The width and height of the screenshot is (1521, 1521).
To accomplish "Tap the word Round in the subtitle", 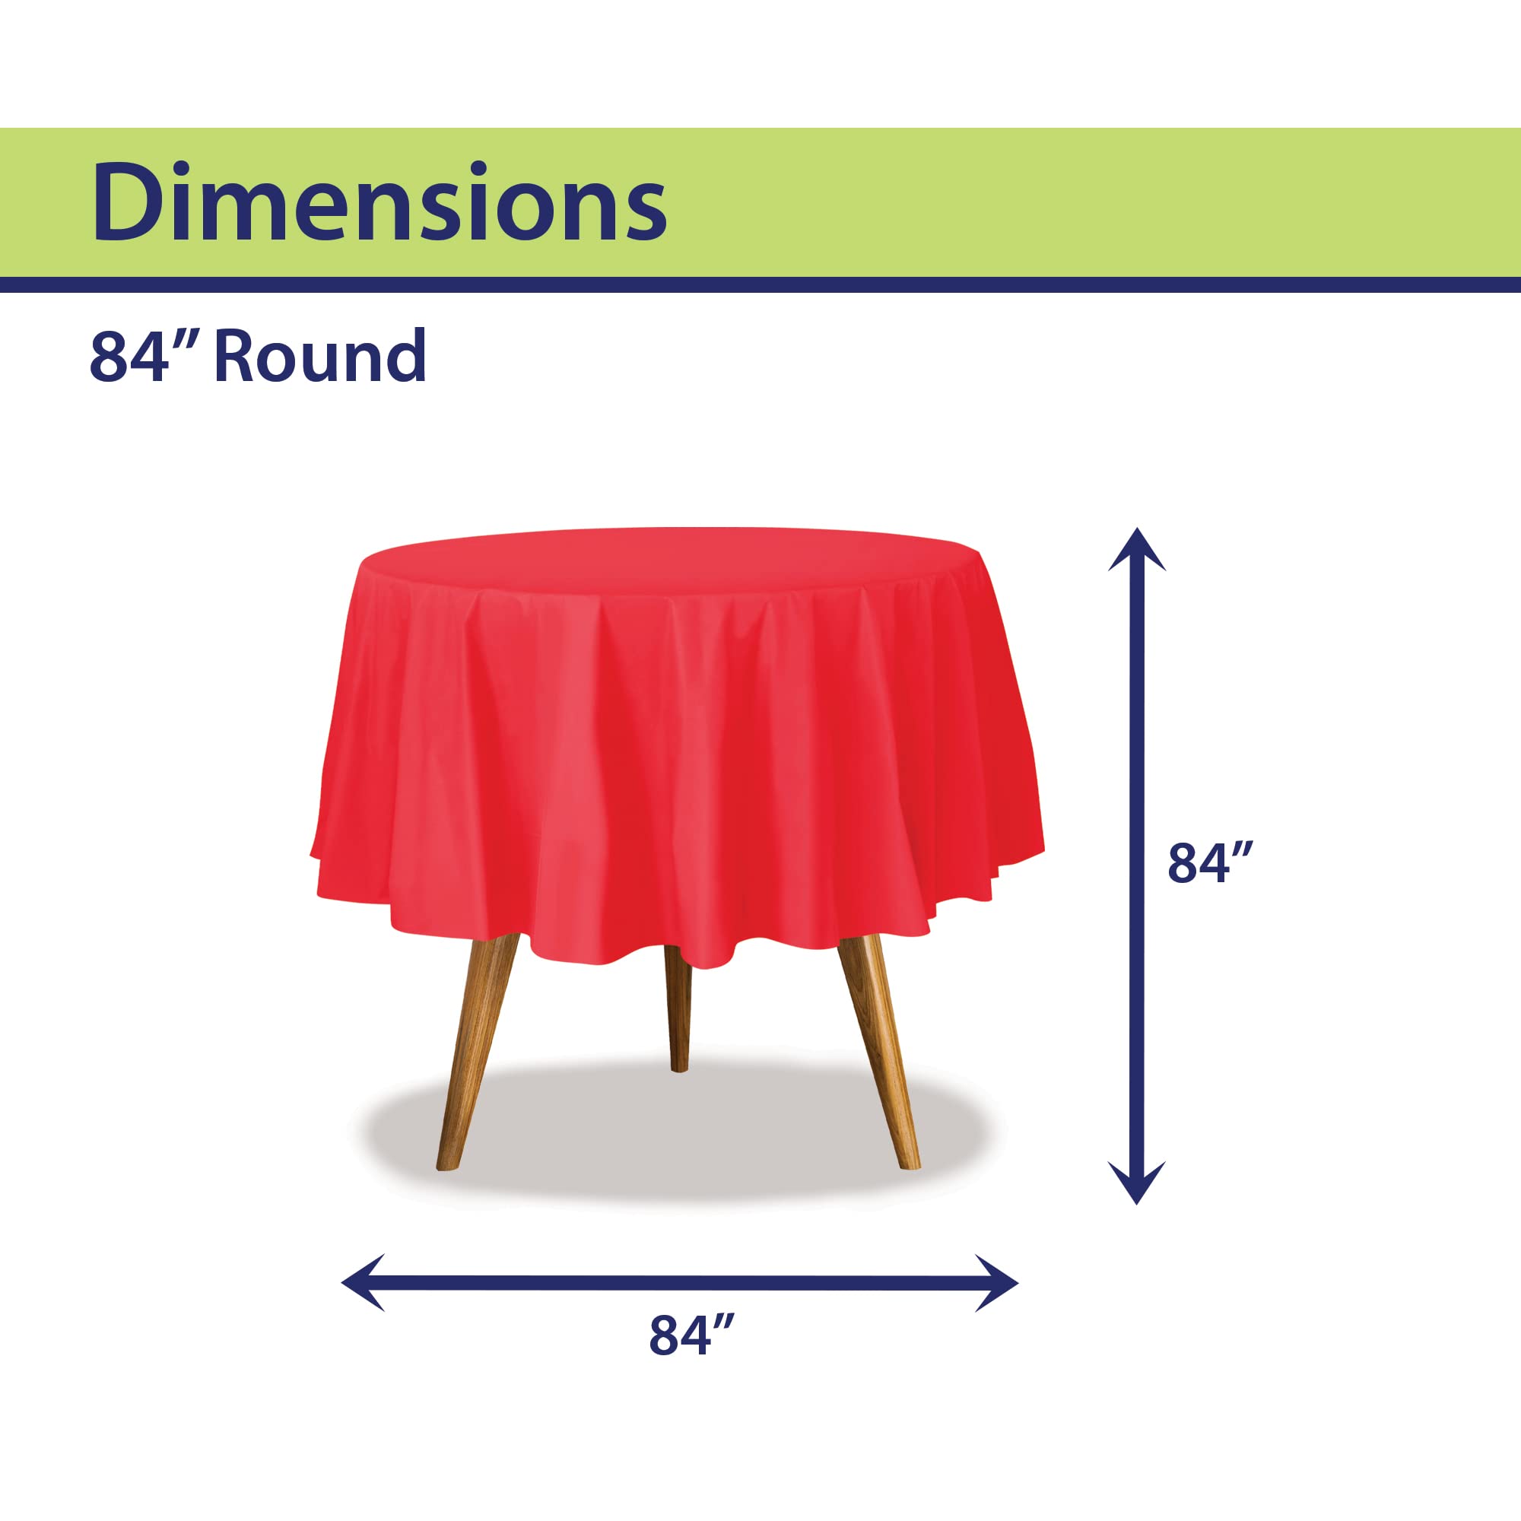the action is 320,357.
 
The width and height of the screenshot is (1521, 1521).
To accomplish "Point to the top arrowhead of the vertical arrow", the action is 1137,551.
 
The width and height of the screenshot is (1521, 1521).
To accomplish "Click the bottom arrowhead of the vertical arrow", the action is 1137,1183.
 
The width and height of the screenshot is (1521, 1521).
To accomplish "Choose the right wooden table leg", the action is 878,1052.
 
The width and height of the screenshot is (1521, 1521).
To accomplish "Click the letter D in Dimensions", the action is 129,202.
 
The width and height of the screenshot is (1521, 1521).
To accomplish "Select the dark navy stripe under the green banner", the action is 760,284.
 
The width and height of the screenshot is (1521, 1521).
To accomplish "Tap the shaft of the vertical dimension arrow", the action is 1137,866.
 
